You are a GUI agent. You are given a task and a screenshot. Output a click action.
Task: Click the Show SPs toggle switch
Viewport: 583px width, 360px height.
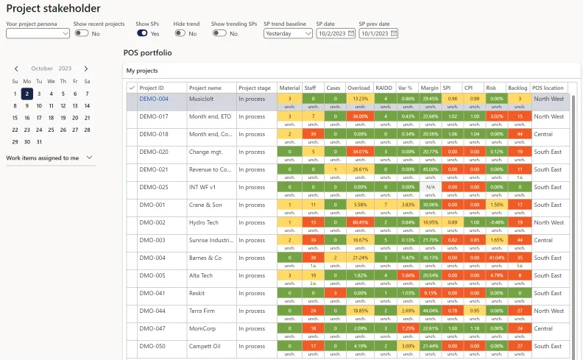(x=143, y=33)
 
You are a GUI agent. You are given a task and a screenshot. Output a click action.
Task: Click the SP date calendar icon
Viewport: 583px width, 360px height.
(x=351, y=33)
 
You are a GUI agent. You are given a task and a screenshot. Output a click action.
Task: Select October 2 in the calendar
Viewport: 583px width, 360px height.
(x=26, y=93)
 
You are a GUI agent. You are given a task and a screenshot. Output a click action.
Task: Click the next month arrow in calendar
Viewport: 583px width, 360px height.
(x=86, y=68)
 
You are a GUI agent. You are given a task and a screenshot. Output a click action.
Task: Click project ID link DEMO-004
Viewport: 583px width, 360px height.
(x=154, y=99)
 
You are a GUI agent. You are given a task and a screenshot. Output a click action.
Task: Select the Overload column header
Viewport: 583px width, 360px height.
(x=358, y=88)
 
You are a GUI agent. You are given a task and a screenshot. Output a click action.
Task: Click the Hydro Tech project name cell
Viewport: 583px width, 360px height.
(x=211, y=222)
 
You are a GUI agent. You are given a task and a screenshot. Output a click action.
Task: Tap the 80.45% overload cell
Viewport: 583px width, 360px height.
(x=360, y=222)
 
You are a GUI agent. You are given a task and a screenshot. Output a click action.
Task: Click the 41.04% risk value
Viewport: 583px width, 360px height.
(x=497, y=258)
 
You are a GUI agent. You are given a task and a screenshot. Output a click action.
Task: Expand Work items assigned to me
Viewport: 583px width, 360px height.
(x=89, y=158)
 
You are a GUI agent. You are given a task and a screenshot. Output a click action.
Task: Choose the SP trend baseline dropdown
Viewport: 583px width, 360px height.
(x=289, y=33)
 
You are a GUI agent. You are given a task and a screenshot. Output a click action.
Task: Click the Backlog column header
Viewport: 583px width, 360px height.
(x=517, y=88)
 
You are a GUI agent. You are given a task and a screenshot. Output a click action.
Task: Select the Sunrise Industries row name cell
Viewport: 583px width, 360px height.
(x=211, y=240)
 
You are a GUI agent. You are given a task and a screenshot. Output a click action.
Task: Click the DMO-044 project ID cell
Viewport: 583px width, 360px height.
(x=162, y=311)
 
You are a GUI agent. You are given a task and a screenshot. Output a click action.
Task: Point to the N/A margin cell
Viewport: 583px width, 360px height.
(x=430, y=187)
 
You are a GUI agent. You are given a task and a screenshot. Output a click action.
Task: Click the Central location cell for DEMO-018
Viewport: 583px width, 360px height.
(x=550, y=134)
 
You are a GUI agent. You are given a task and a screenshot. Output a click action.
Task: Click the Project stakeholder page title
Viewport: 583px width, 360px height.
(x=54, y=9)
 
